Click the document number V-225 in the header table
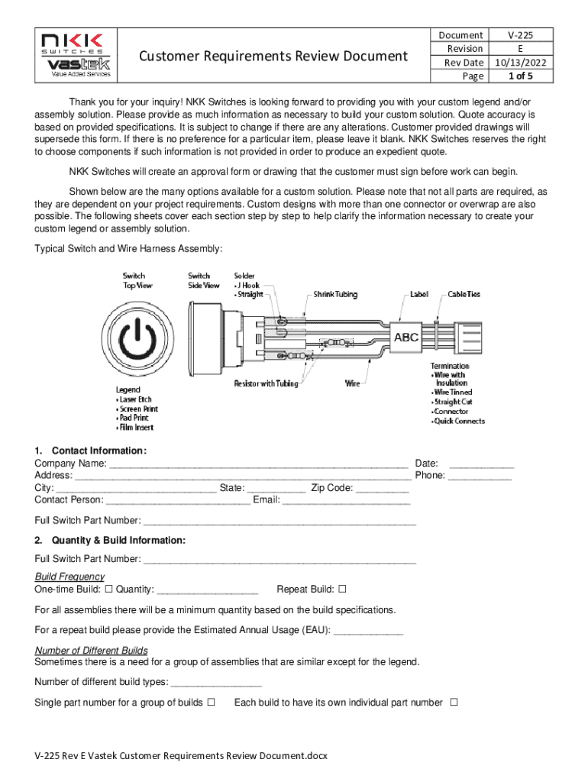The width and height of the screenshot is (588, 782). coord(520,35)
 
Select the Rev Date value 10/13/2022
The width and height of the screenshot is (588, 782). coord(520,63)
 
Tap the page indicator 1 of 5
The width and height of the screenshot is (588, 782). coord(520,76)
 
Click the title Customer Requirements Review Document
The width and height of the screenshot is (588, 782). coord(273,56)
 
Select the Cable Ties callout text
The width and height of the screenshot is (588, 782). coord(464,294)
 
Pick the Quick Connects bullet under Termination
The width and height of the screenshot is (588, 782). coord(459,421)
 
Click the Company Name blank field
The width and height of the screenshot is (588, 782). coord(258,464)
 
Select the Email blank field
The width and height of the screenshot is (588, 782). coord(347,500)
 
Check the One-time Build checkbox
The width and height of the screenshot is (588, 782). coord(108,590)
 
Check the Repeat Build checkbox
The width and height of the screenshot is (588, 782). coord(342,590)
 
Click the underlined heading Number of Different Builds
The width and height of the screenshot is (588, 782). coord(92,651)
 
